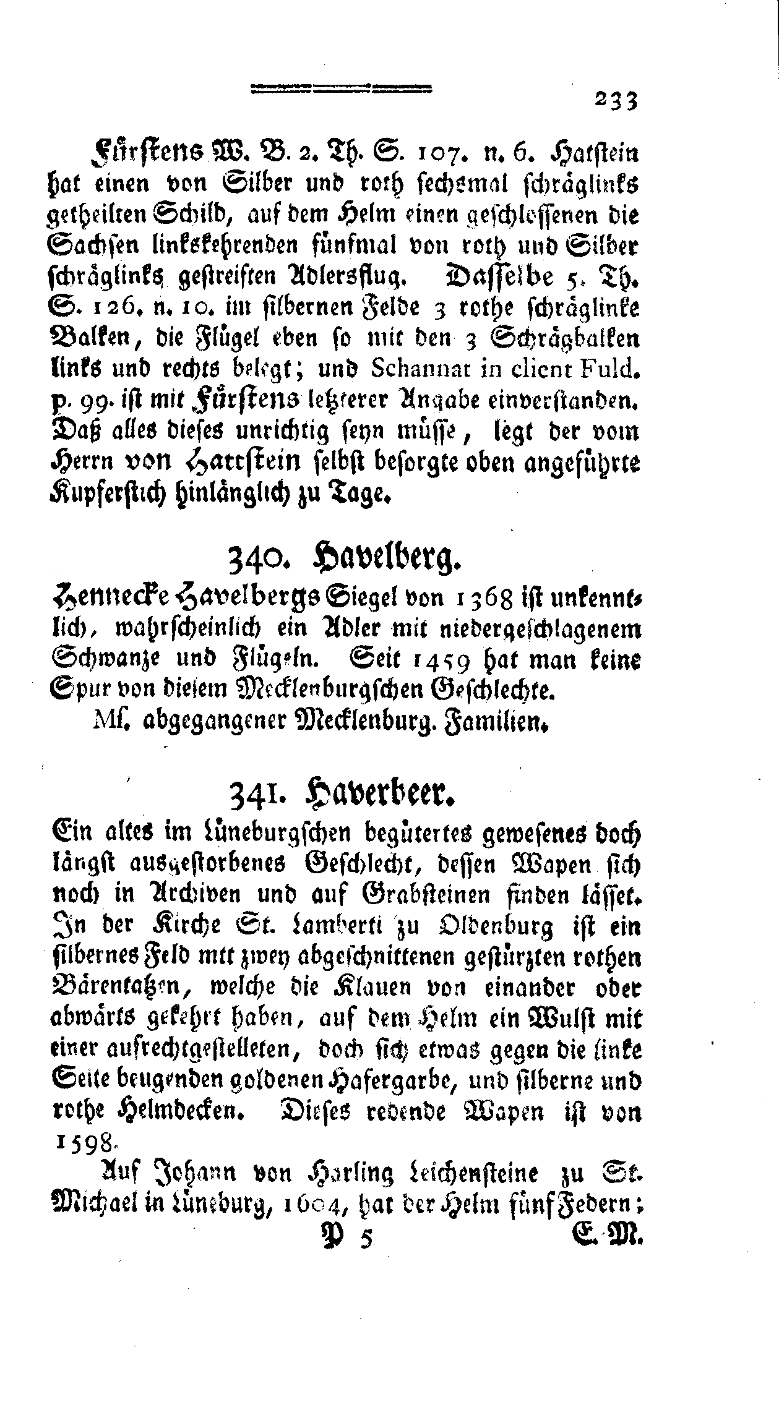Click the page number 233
[616, 99]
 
